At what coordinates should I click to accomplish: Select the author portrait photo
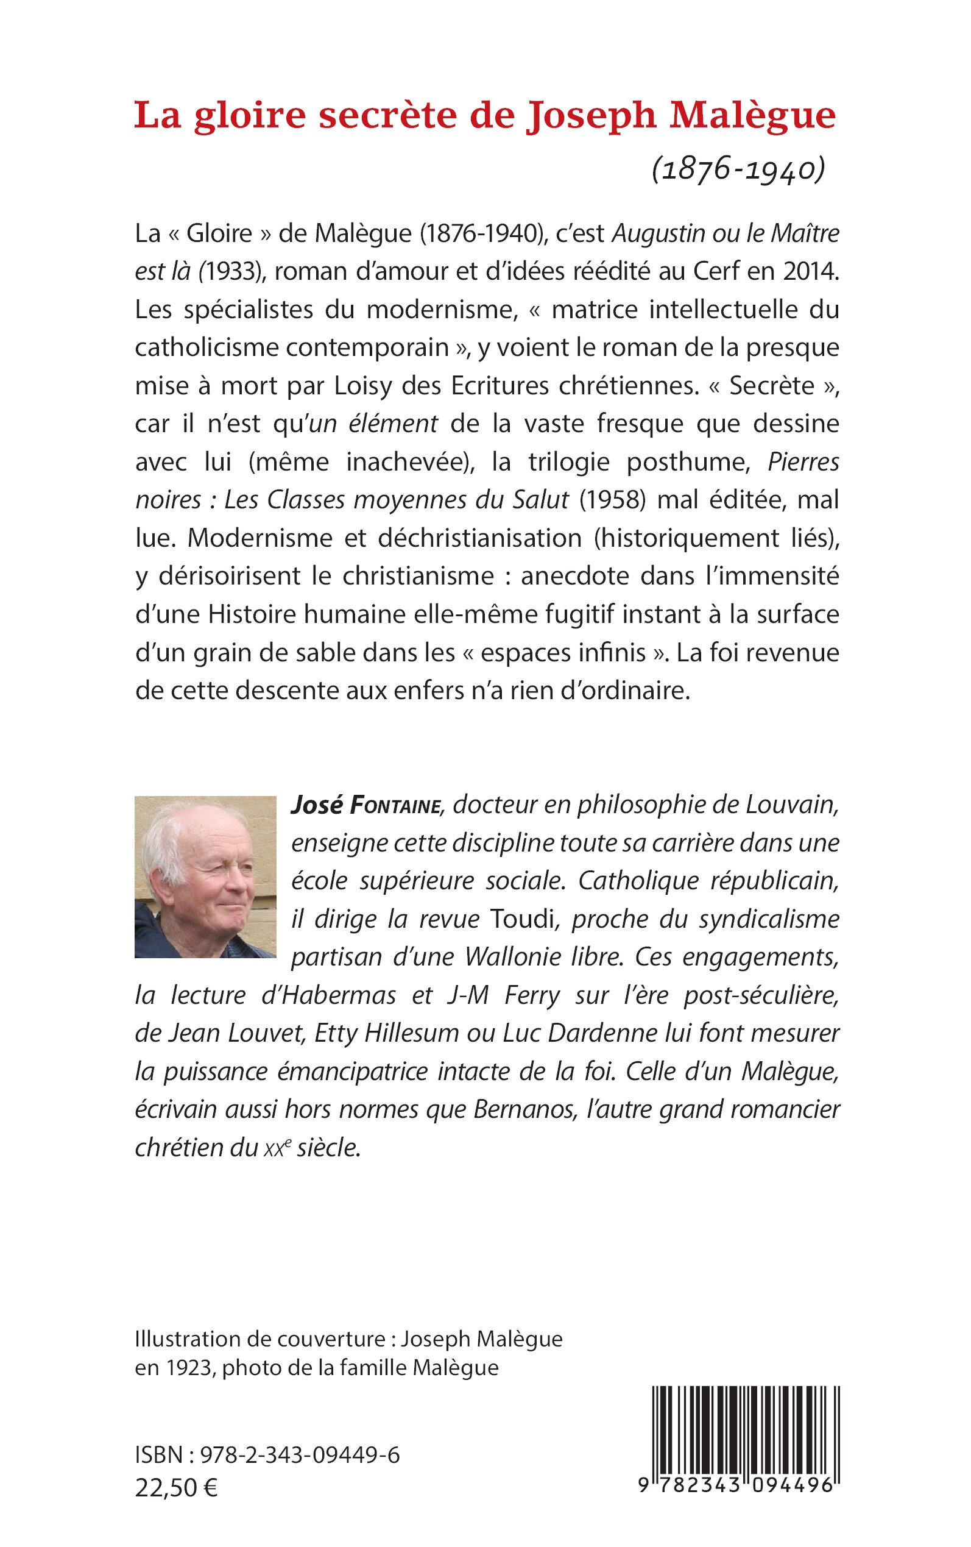tap(205, 877)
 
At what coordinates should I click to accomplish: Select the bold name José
tap(317, 805)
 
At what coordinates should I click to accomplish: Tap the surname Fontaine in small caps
tap(395, 806)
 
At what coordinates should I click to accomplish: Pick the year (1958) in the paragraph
tap(612, 500)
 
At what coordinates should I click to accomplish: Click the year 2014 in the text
tap(810, 272)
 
